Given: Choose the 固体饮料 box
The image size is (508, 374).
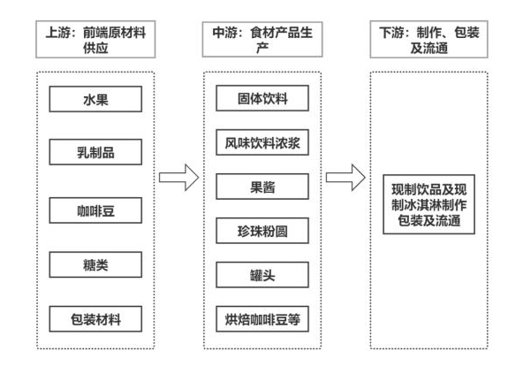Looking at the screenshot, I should (x=262, y=95).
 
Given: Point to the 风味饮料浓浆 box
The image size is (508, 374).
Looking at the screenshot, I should (x=262, y=140).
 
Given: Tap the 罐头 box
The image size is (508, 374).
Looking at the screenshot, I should (x=262, y=276).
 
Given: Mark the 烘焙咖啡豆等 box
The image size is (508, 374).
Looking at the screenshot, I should (x=262, y=321).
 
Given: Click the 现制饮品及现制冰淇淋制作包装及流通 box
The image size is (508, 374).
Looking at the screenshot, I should (x=431, y=209).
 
